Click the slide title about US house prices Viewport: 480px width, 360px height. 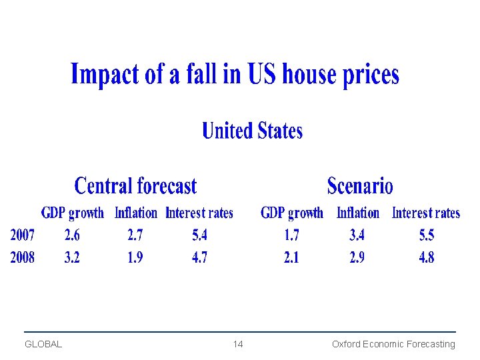pyautogui.click(x=235, y=75)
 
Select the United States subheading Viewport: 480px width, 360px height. pyautogui.click(x=252, y=131)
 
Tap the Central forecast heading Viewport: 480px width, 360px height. pyautogui.click(x=135, y=185)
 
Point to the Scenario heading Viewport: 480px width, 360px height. pyautogui.click(x=360, y=185)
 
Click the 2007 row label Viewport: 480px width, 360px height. pyautogui.click(x=23, y=235)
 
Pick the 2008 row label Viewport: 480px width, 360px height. pyautogui.click(x=23, y=257)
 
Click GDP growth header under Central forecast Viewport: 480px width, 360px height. pyautogui.click(x=73, y=213)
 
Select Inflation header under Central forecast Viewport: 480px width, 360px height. pyautogui.click(x=136, y=213)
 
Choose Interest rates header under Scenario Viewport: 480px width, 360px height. pyautogui.click(x=426, y=213)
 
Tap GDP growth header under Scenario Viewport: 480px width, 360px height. pyautogui.click(x=292, y=213)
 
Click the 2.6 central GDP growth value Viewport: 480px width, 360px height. pyautogui.click(x=72, y=235)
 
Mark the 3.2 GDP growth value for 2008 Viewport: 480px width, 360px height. pyautogui.click(x=72, y=257)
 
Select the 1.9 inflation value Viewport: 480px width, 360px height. pyautogui.click(x=135, y=257)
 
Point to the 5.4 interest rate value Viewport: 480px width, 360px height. pyautogui.click(x=199, y=235)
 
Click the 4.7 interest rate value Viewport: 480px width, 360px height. pyautogui.click(x=199, y=257)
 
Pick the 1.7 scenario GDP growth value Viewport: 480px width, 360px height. pyautogui.click(x=291, y=235)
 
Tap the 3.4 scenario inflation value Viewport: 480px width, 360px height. pyautogui.click(x=357, y=235)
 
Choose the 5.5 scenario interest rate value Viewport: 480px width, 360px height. pyautogui.click(x=427, y=235)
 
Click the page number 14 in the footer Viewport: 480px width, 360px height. pyautogui.click(x=238, y=344)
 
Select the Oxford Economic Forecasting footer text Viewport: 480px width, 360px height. pyautogui.click(x=393, y=344)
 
